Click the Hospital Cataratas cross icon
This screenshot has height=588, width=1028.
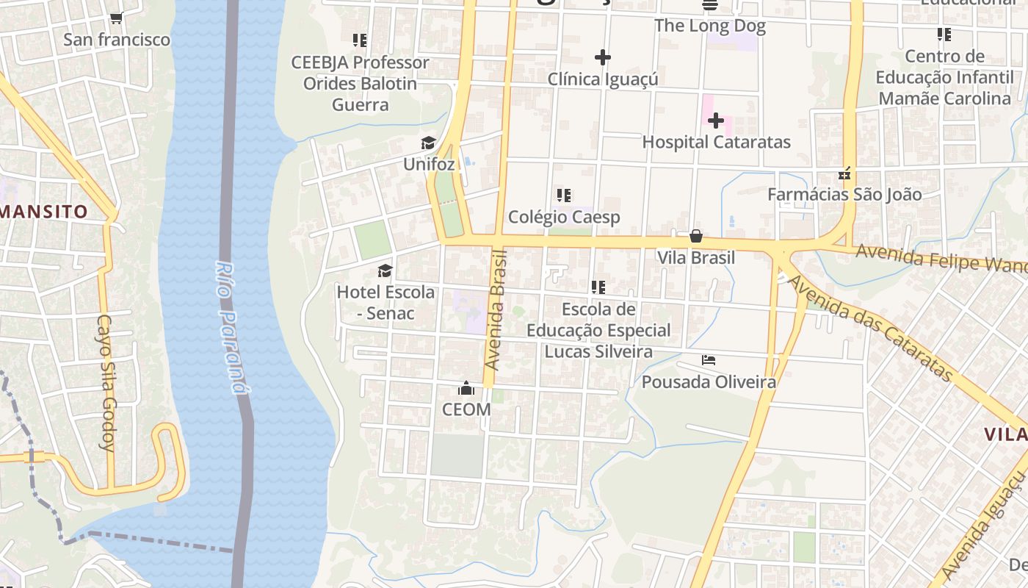click(x=716, y=121)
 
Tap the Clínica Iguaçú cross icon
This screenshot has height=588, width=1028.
click(x=603, y=57)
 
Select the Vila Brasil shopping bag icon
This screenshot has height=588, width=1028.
click(x=696, y=236)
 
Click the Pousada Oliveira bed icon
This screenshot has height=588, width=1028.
click(x=709, y=360)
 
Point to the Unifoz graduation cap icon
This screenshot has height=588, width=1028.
click(x=428, y=143)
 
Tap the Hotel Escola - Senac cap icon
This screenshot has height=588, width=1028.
click(x=385, y=271)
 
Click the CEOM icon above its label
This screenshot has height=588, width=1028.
click(x=466, y=388)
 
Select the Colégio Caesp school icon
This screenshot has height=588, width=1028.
click(x=564, y=196)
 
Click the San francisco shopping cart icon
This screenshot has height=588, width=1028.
click(x=116, y=18)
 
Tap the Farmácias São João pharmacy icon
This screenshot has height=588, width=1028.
click(x=844, y=173)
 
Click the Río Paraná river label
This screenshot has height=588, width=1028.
click(x=231, y=327)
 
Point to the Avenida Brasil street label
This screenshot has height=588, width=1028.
click(x=497, y=309)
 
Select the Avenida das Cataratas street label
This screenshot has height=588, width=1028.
click(x=870, y=328)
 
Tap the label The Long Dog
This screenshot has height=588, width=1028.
click(x=709, y=26)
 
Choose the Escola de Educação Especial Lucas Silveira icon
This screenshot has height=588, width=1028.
click(x=598, y=287)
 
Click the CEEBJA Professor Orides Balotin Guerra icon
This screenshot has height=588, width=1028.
click(x=360, y=40)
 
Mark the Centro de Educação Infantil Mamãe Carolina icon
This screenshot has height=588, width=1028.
click(x=944, y=35)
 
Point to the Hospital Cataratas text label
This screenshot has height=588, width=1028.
click(x=716, y=142)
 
